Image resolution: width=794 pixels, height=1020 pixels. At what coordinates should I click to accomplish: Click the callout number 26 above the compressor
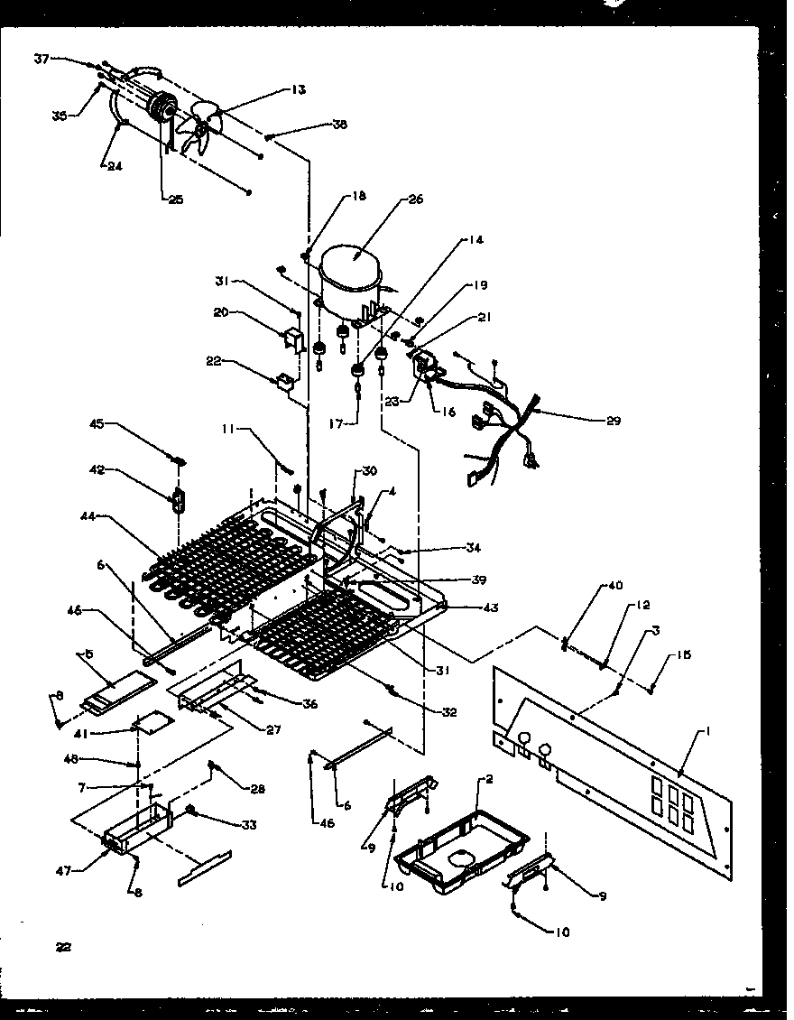(416, 199)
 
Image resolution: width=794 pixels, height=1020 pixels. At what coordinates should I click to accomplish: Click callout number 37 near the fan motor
(42, 60)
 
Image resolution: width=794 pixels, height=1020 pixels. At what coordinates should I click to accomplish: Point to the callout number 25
(175, 199)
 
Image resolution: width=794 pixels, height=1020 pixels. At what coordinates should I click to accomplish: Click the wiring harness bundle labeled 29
(505, 424)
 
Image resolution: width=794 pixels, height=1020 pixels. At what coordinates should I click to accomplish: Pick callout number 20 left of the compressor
(222, 314)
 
